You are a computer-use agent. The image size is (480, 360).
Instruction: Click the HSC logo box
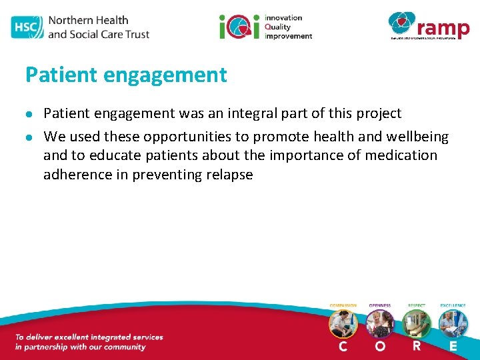click(x=25, y=27)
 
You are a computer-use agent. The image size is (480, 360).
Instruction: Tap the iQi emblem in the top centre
click(x=239, y=27)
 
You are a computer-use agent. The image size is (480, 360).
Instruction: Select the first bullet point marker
click(x=30, y=114)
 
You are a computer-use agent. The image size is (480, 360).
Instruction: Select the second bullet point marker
click(x=30, y=137)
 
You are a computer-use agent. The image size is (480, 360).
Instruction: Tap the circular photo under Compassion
click(x=343, y=323)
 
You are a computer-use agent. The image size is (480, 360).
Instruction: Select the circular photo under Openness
click(x=380, y=323)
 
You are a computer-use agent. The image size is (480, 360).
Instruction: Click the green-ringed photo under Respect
click(x=417, y=323)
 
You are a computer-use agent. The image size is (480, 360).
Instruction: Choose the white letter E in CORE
click(x=453, y=346)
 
